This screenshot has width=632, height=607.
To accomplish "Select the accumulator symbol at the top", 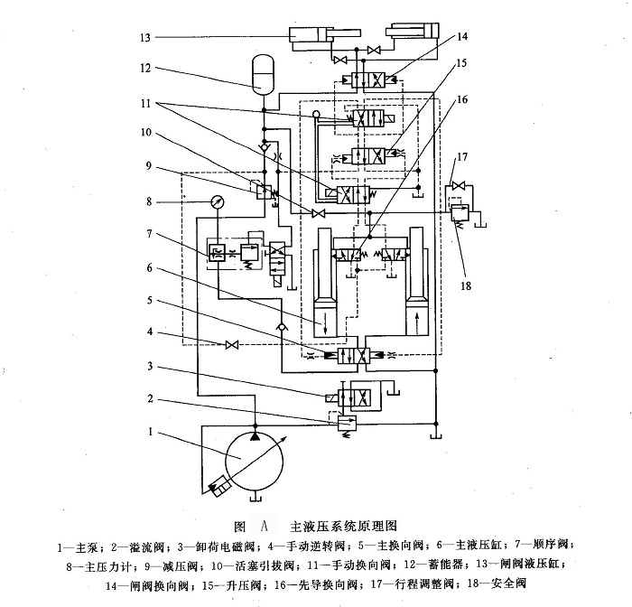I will coord(262,75).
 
